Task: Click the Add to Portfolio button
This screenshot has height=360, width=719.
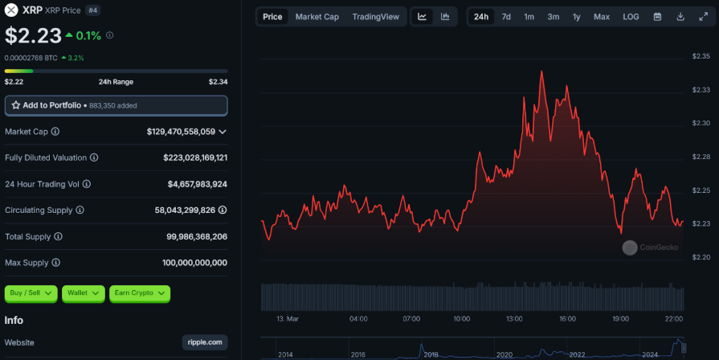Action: [116, 105]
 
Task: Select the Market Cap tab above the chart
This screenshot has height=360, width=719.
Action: [317, 17]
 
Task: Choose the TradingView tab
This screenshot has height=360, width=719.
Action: [375, 17]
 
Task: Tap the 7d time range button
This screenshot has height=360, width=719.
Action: [506, 17]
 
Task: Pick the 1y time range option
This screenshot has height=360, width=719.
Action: [577, 17]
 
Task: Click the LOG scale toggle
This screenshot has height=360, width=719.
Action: [631, 17]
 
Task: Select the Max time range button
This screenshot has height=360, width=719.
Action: [602, 17]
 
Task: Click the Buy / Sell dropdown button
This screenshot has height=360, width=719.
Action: [31, 293]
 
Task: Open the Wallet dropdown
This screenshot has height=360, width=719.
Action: [84, 293]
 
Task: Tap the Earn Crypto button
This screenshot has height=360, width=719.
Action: [140, 293]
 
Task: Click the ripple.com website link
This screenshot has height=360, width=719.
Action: [205, 342]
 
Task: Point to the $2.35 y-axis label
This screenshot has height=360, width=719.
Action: [701, 56]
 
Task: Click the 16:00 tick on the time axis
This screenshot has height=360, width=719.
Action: [567, 319]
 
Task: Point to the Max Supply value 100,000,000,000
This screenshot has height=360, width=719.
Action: [195, 263]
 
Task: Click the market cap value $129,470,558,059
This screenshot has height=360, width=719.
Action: [181, 131]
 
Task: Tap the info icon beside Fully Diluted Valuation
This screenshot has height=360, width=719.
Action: [94, 157]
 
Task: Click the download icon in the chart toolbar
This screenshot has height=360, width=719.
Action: [680, 17]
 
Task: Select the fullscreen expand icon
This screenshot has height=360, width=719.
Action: [703, 17]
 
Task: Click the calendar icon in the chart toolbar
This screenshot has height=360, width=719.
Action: [657, 17]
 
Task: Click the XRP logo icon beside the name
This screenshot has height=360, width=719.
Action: [11, 10]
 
